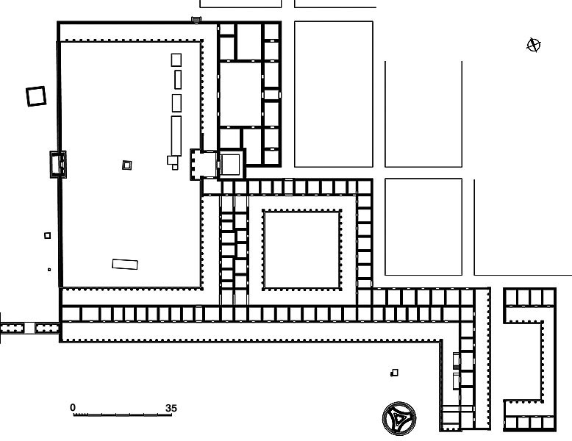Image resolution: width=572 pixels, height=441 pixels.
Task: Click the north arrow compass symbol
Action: (x=534, y=46)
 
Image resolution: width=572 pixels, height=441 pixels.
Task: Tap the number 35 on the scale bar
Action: (x=171, y=408)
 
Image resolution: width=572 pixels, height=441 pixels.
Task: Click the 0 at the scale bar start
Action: (x=73, y=407)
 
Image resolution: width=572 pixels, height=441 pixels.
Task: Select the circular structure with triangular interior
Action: (x=399, y=418)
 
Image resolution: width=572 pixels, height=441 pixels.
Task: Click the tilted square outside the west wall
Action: (x=36, y=96)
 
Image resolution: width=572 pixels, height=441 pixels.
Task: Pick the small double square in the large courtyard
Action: (x=126, y=165)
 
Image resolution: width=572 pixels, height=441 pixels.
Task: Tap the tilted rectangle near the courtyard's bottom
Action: (x=125, y=264)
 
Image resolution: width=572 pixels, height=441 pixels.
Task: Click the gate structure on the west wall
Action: (x=58, y=165)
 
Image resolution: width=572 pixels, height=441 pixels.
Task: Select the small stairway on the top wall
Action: (x=196, y=19)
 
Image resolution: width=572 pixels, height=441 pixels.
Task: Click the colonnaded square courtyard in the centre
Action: (x=301, y=250)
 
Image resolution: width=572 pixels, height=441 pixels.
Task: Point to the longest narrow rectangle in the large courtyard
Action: (x=176, y=136)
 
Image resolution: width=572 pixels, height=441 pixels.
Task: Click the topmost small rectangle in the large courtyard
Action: (x=176, y=60)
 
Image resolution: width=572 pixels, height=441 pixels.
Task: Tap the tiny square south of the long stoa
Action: (x=394, y=373)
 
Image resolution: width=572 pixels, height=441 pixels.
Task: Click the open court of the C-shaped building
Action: (x=523, y=361)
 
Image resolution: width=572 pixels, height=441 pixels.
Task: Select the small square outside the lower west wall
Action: (x=48, y=236)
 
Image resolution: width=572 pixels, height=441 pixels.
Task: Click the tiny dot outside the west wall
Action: (x=49, y=270)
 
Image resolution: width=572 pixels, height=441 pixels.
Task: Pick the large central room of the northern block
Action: (x=240, y=94)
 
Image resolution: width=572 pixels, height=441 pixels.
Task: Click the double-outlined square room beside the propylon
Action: (x=231, y=165)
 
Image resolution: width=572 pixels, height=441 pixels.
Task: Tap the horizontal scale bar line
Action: (x=123, y=415)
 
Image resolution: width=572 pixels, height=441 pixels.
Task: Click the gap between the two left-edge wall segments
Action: (x=29, y=328)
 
